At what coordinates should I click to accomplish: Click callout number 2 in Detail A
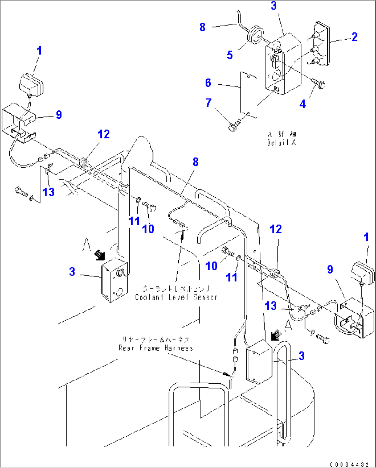355,37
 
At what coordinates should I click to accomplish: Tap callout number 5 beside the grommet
230,55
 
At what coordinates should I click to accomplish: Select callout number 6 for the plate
208,83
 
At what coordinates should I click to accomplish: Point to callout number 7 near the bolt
208,103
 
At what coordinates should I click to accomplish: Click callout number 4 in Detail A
303,104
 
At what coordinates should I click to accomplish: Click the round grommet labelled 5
255,35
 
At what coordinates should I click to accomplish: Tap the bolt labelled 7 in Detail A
235,126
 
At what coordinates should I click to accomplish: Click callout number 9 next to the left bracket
59,115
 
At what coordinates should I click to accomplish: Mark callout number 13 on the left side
49,192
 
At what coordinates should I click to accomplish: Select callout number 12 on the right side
276,229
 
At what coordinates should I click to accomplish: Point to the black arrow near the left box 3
100,255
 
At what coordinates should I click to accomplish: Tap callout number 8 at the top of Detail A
202,27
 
